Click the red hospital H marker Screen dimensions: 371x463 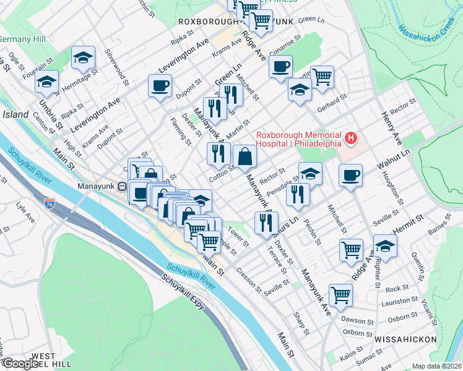[352, 138]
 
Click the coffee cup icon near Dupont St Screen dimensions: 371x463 [160, 85]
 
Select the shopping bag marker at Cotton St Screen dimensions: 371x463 [245, 156]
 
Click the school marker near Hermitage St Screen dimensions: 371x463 [83, 58]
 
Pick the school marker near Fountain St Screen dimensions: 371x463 [46, 82]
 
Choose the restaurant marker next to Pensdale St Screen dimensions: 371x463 [298, 194]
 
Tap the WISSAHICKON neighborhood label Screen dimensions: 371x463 [405, 340]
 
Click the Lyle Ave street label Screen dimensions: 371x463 [25, 211]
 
